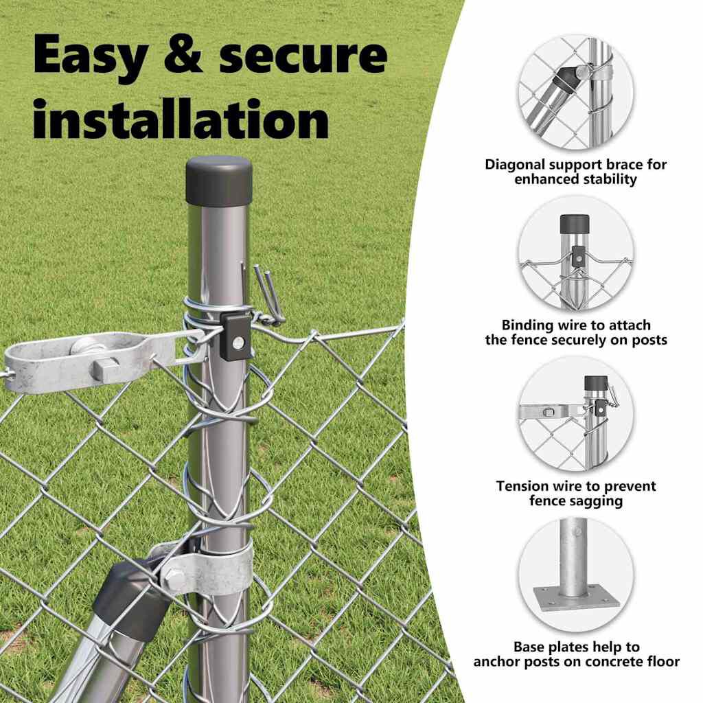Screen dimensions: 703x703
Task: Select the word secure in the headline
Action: [x=303, y=55]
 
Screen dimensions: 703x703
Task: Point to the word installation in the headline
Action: [x=181, y=118]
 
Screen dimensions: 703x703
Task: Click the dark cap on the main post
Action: [x=219, y=180]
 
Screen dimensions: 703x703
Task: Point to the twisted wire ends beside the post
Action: [x=269, y=295]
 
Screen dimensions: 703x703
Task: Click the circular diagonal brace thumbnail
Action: [x=576, y=93]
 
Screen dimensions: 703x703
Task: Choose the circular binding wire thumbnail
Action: [x=576, y=253]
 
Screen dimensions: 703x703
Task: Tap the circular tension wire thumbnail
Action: [x=576, y=414]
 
